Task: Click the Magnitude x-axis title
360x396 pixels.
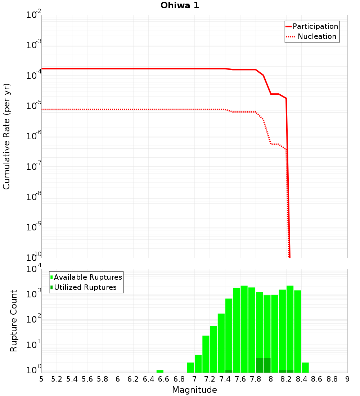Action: coord(194,390)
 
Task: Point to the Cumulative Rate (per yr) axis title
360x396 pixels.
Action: coord(6,136)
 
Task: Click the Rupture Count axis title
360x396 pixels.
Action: coord(14,321)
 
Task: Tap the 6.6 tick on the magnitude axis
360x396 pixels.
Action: coord(164,379)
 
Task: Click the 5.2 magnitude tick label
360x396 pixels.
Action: coord(57,379)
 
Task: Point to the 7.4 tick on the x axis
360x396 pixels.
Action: coord(225,379)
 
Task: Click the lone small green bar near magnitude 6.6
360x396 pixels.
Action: coord(160,371)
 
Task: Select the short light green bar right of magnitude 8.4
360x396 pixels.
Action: coord(305,368)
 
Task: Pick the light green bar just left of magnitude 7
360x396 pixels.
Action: coord(190,368)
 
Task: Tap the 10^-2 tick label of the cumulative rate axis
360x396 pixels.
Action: coord(34,15)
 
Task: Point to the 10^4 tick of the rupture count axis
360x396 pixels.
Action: coord(34,269)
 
